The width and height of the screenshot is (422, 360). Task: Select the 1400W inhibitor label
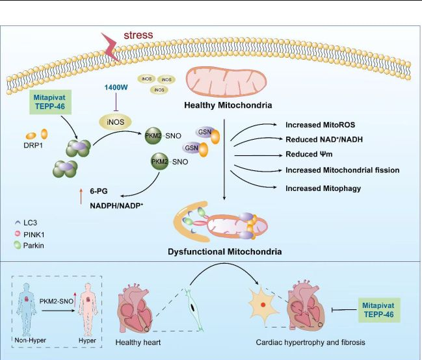pyautogui.click(x=114, y=86)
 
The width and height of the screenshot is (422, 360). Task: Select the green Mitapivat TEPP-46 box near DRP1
pyautogui.click(x=54, y=107)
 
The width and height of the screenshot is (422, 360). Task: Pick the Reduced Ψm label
pyautogui.click(x=304, y=155)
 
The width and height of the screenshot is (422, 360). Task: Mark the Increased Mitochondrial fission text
pyautogui.click(x=342, y=171)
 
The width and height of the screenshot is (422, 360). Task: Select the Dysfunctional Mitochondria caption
pyautogui.click(x=224, y=250)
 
